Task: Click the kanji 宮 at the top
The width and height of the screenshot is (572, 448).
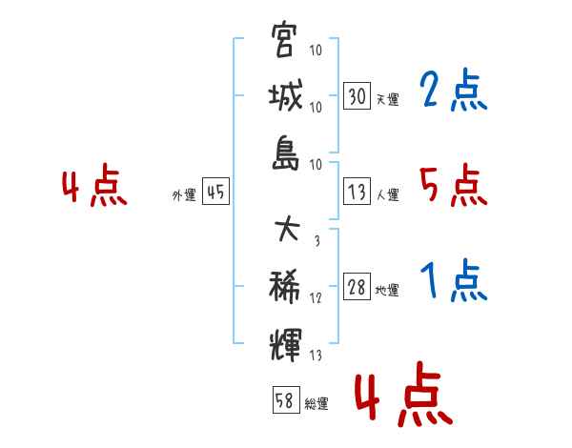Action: [283, 39]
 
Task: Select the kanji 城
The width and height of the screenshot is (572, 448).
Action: [285, 95]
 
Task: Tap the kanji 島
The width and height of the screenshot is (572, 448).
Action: [285, 153]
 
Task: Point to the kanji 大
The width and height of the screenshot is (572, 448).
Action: [287, 229]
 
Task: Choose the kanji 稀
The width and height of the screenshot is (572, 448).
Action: [284, 286]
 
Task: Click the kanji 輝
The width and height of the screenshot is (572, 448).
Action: [285, 344]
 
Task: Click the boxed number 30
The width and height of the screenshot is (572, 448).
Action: [357, 95]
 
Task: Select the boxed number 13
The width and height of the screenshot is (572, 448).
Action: [357, 192]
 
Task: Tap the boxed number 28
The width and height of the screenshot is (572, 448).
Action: [357, 286]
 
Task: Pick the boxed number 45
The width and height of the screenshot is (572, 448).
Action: [215, 192]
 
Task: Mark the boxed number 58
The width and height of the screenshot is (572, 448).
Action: [286, 399]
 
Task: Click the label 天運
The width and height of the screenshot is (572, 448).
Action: [388, 99]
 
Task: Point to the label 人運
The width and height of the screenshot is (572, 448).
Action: [388, 194]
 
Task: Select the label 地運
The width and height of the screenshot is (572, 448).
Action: [387, 291]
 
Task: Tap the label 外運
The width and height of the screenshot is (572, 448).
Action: [184, 194]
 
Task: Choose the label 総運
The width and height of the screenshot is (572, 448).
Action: [317, 403]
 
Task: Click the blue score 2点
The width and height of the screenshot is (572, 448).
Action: [454, 90]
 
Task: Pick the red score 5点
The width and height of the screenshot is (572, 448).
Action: [454, 185]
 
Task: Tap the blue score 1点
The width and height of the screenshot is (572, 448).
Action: [454, 280]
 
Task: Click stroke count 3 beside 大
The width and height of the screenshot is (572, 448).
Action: [317, 240]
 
